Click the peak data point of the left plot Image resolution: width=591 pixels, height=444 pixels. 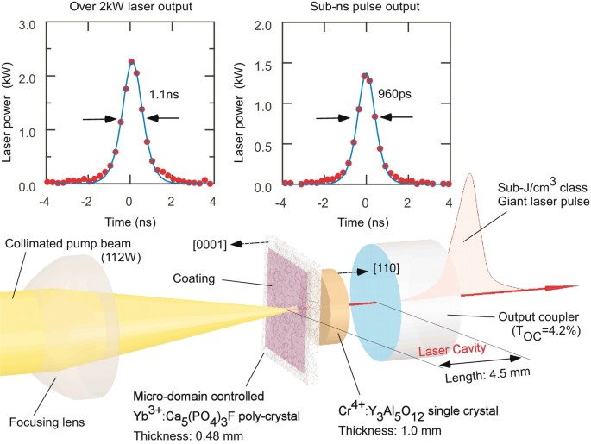tap(131, 61)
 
